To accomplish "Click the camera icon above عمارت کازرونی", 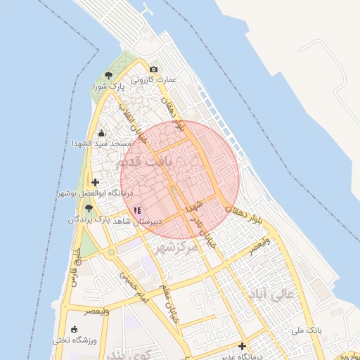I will (x=153, y=69).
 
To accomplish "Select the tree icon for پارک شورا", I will (x=108, y=75).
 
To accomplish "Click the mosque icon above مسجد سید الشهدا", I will (x=101, y=132).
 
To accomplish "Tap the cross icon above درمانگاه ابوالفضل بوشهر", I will (x=96, y=183).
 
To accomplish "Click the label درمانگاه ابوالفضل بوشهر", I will (x=85, y=193).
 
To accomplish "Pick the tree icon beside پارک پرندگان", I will (x=88, y=208).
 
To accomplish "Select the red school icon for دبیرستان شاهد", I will (x=137, y=210).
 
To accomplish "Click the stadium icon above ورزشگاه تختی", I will (x=74, y=329).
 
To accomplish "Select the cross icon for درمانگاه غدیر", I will (x=242, y=346).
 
